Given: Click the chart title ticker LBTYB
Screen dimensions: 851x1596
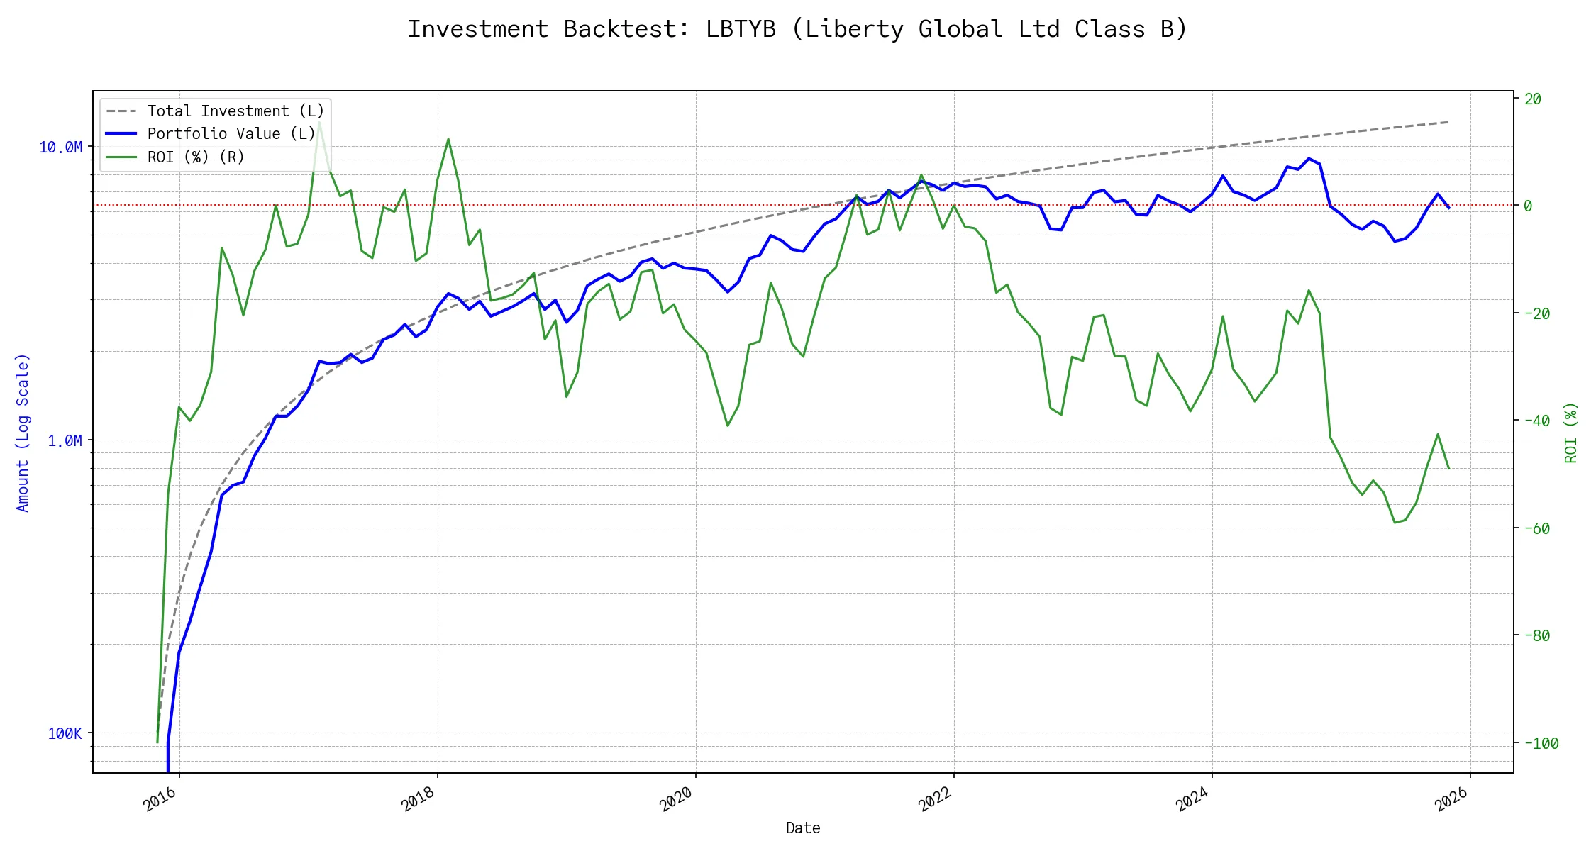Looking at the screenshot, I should [740, 29].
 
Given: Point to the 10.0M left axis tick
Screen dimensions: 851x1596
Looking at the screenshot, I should [61, 148].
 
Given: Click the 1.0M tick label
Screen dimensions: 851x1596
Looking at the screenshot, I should [65, 441].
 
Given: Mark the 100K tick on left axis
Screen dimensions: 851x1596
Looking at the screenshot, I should [65, 734].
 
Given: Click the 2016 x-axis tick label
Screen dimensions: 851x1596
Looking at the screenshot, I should [160, 800].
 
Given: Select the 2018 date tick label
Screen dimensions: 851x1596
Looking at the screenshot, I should [419, 800].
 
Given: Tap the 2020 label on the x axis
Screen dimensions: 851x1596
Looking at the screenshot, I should [677, 800].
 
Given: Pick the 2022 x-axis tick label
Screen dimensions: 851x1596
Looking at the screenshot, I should [935, 800].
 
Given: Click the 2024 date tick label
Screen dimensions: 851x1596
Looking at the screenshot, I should [1193, 800].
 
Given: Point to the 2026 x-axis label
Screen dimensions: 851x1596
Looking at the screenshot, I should [1451, 800].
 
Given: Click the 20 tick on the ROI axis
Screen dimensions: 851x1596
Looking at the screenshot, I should [1533, 99].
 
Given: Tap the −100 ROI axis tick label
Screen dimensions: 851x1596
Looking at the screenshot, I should [1541, 743].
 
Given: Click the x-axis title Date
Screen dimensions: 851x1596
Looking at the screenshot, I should [803, 828].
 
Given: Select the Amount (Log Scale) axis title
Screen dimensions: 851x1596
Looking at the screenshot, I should [23, 433].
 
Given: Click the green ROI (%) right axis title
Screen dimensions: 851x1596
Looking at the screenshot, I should [1571, 433].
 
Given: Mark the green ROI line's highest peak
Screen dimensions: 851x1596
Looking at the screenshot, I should [319, 122].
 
